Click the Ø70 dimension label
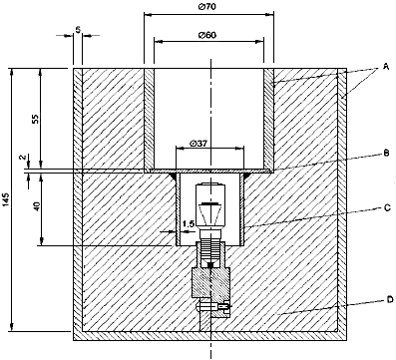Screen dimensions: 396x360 208,6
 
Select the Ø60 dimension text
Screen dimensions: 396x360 207,35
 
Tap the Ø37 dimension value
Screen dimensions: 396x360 198,144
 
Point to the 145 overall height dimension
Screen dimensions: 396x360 8,199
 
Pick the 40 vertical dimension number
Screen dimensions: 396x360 36,206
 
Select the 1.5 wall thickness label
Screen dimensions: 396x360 189,223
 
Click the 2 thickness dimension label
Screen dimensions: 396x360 23,158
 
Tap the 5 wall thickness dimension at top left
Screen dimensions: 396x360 78,30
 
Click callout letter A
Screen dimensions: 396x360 386,67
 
